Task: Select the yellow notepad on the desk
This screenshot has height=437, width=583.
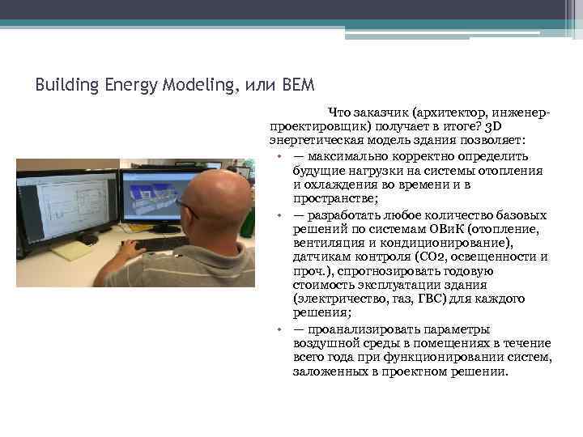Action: tap(72, 251)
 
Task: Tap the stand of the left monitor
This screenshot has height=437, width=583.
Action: tap(87, 238)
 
